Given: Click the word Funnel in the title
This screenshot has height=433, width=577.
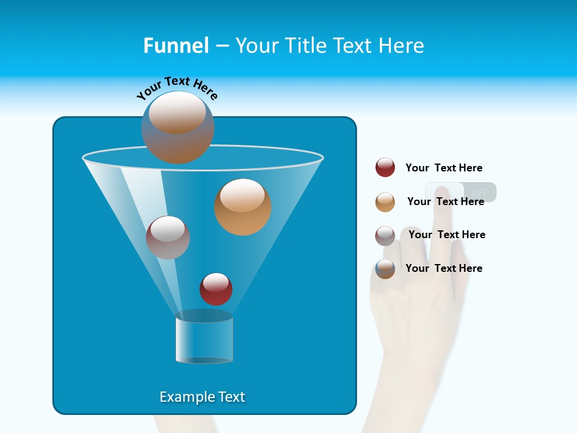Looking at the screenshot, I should pyautogui.click(x=176, y=46).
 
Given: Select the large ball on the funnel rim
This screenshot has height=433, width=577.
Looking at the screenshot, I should pyautogui.click(x=178, y=127).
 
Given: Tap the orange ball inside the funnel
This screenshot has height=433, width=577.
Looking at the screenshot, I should pyautogui.click(x=243, y=207).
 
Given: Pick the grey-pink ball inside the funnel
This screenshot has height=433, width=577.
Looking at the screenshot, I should pyautogui.click(x=168, y=238).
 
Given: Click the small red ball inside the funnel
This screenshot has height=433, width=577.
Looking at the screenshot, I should pyautogui.click(x=216, y=289).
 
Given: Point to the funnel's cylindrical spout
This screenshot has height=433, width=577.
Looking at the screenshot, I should pyautogui.click(x=204, y=340).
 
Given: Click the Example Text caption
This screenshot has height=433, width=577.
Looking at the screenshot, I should pyautogui.click(x=202, y=397).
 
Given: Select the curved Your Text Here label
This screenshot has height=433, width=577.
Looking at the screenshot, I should pyautogui.click(x=177, y=87).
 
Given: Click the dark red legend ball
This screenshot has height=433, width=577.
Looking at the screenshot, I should pyautogui.click(x=385, y=167).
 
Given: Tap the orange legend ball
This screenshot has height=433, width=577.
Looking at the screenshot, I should pyautogui.click(x=385, y=202).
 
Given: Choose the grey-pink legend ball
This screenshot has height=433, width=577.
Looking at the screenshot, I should pyautogui.click(x=385, y=236).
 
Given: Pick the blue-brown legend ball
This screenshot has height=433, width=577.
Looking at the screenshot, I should pyautogui.click(x=385, y=269).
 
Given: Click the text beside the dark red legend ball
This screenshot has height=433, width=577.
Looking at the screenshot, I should pyautogui.click(x=444, y=168).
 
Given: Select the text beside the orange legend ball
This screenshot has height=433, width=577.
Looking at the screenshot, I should pyautogui.click(x=445, y=201).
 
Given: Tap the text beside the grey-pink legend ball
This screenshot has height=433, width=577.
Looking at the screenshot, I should pyautogui.click(x=447, y=235).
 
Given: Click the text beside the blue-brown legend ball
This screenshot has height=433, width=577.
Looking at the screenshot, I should pyautogui.click(x=444, y=268).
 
